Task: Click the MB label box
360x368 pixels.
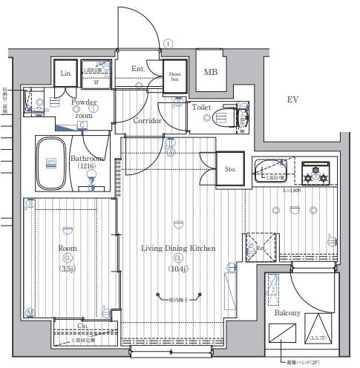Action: [212, 72]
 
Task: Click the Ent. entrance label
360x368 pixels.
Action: [139, 70]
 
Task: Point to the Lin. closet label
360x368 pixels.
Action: [66, 74]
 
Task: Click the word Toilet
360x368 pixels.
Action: [201, 108]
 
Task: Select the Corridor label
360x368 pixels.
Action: [148, 120]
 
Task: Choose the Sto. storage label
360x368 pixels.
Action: [230, 170]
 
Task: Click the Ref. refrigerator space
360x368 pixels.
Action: [261, 246]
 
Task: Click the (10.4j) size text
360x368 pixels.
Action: [178, 269]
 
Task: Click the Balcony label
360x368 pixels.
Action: [287, 313]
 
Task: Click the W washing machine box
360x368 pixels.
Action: [96, 82]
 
